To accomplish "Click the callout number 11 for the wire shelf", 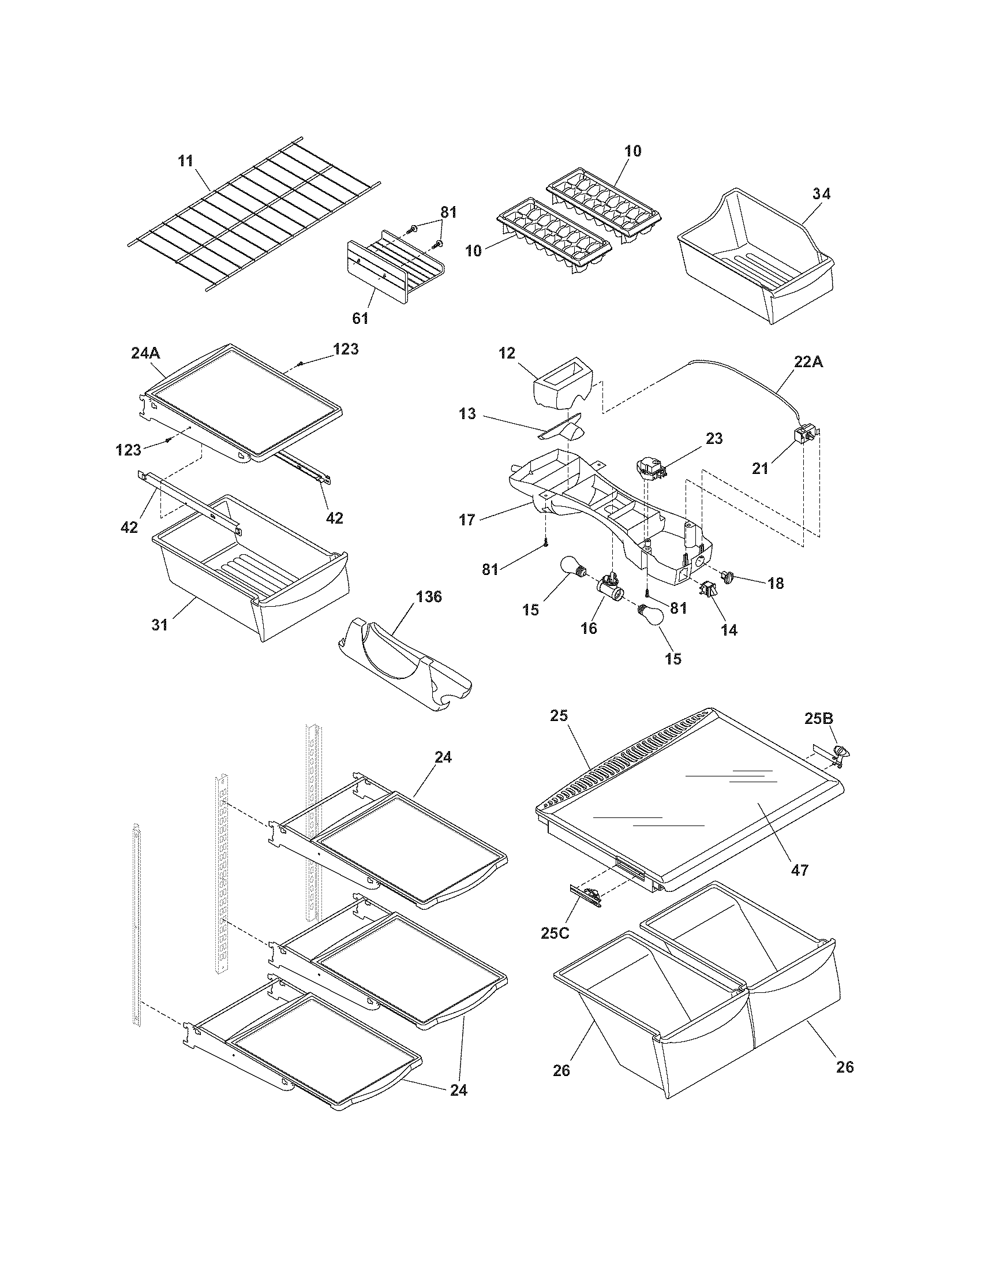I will [x=185, y=160].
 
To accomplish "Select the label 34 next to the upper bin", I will [x=821, y=194].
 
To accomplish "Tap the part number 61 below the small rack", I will [x=360, y=318].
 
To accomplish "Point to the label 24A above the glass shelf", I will [x=145, y=353].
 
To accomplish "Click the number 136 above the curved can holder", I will [x=428, y=597].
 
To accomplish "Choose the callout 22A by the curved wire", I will [x=808, y=362].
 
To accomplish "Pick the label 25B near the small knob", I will [x=819, y=719].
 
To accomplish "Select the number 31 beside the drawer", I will [x=160, y=625].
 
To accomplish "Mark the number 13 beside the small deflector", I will [x=467, y=414].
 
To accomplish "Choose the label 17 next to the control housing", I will [x=467, y=520].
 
